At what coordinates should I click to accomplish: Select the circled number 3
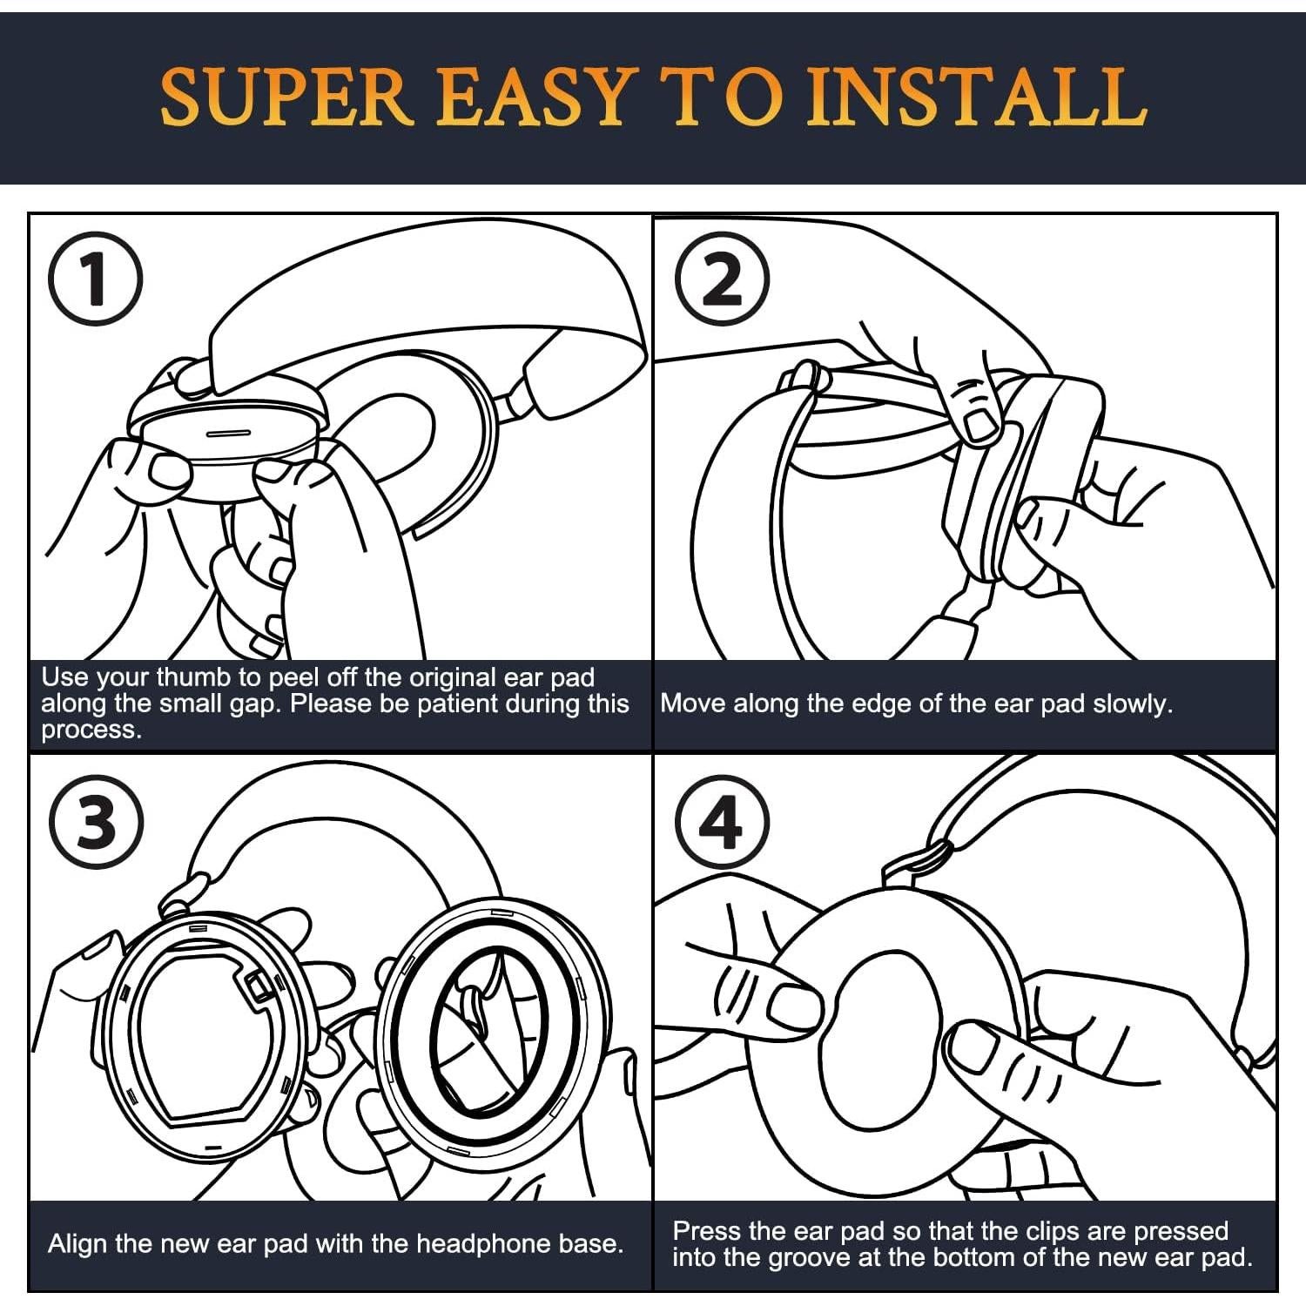pyautogui.click(x=96, y=821)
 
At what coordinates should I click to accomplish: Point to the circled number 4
pyautogui.click(x=723, y=821)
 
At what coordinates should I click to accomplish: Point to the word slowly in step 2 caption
pyautogui.click(x=1133, y=703)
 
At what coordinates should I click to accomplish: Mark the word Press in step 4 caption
pyautogui.click(x=707, y=1231)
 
